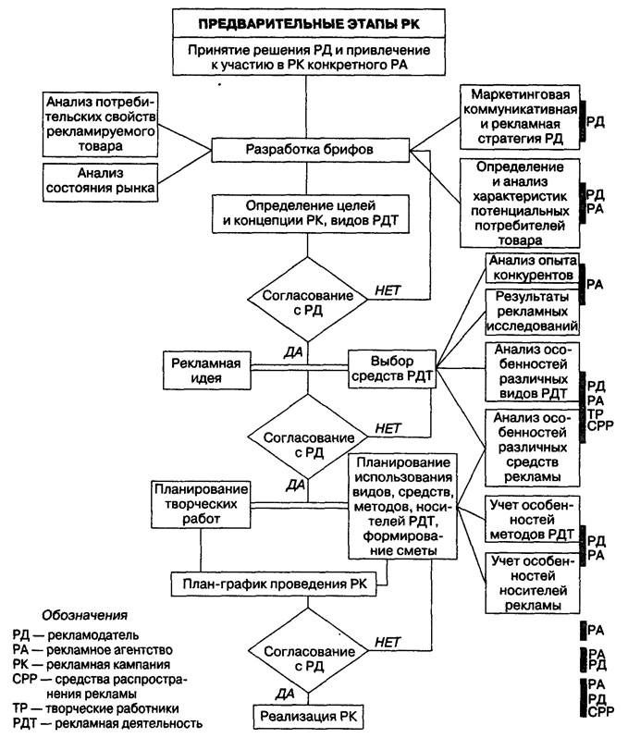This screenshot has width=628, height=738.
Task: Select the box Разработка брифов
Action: [310, 148]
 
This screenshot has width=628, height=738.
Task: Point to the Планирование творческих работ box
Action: [200, 506]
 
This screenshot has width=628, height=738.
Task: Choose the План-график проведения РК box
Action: [278, 584]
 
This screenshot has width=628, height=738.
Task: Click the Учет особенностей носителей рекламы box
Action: [532, 583]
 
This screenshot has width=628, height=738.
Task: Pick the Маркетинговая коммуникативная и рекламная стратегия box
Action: [525, 117]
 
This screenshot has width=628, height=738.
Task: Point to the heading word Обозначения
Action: [85, 615]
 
